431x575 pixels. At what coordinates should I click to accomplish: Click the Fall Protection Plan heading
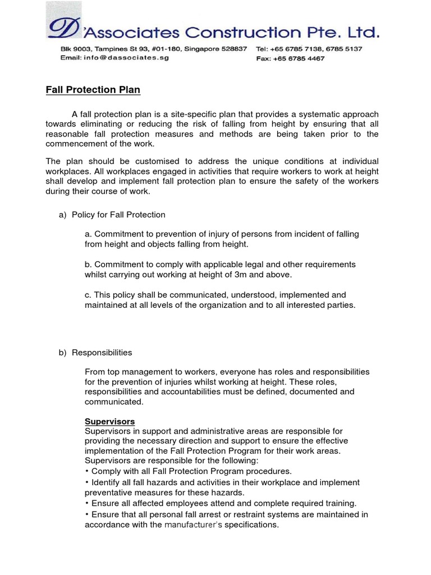click(x=93, y=90)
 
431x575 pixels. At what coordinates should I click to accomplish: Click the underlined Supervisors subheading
click(x=109, y=421)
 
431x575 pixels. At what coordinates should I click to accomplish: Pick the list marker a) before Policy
click(x=63, y=215)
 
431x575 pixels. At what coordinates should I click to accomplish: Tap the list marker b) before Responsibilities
click(x=63, y=353)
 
